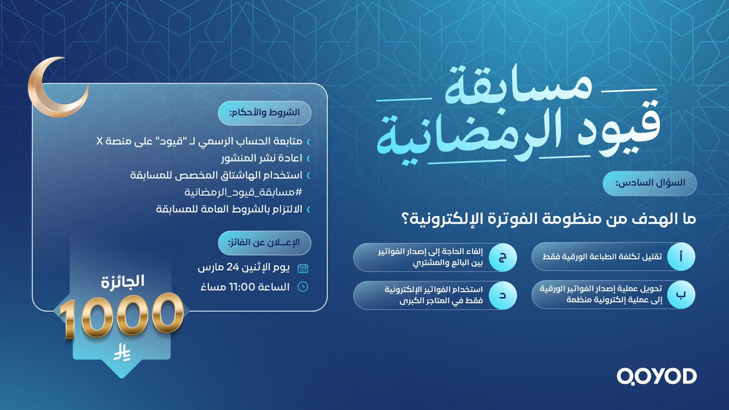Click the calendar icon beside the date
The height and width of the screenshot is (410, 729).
303,268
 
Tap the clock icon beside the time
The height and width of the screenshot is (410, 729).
303,287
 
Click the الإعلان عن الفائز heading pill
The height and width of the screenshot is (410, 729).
264,243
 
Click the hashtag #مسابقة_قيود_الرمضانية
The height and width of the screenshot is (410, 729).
238,192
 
